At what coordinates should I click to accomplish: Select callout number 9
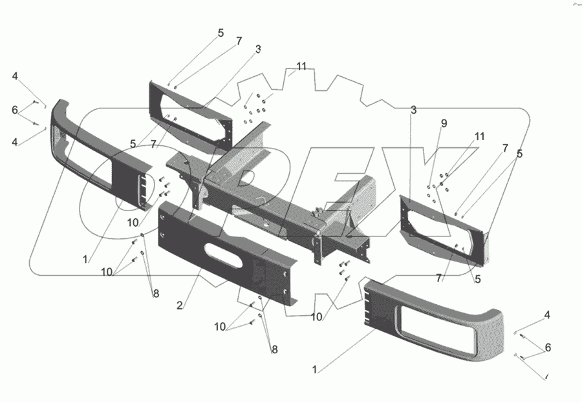tap(444, 123)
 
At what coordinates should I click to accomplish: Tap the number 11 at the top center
tap(301, 67)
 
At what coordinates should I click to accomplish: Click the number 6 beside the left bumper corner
tap(15, 110)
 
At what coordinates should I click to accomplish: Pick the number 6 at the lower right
tap(548, 347)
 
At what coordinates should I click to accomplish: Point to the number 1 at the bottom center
tap(315, 370)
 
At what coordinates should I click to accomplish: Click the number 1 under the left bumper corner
tap(84, 259)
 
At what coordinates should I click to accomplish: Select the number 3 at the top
tap(258, 49)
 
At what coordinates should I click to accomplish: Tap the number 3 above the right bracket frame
tap(413, 111)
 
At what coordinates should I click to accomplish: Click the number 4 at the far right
tap(547, 315)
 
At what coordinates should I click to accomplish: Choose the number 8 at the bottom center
tap(275, 349)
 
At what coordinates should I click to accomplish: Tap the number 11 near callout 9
tap(479, 136)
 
